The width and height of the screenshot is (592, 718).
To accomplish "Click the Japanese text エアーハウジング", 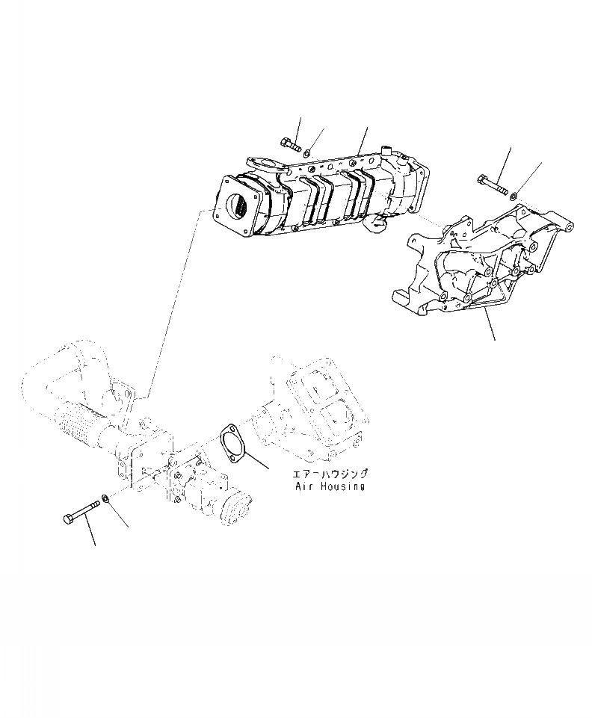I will pos(330,474).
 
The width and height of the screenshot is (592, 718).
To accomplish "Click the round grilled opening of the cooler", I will pos(238,205).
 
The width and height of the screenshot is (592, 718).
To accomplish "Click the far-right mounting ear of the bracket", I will pos(570,226).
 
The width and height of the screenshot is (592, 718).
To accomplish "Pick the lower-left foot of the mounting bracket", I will pos(404,302).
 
